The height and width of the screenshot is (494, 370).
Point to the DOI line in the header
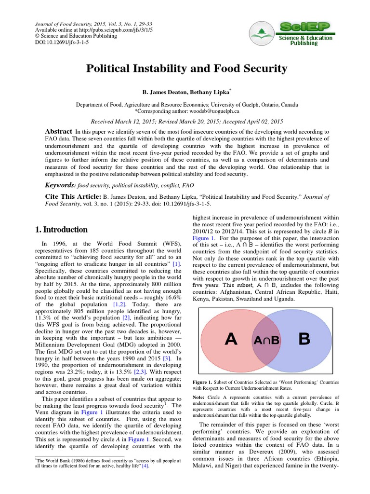61,42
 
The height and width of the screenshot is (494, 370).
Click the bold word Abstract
58,132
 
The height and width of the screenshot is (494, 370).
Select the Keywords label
60,185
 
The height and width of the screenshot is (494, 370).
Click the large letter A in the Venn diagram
231,339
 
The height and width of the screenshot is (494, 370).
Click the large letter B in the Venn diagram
304,339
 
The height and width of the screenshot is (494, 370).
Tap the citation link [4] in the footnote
145,467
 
